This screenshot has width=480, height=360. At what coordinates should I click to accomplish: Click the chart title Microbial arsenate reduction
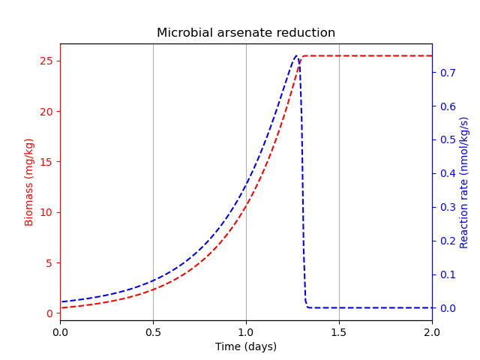coord(246,33)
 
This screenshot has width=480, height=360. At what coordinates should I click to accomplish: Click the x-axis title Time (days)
coord(246,346)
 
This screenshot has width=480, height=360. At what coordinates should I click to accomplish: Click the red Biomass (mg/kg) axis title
coord(30,182)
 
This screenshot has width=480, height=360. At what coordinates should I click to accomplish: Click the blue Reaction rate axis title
coord(464,182)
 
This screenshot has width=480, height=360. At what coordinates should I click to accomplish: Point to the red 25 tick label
coord(46,61)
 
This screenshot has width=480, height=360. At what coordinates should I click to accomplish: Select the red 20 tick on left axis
coord(46,112)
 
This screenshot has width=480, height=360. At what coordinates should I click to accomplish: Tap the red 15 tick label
coord(46,162)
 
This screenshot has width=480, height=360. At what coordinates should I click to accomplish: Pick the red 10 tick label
coord(46,212)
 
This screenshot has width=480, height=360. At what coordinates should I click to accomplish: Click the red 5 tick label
coord(49,263)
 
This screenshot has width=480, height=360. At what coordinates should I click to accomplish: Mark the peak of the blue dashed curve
coord(296,55)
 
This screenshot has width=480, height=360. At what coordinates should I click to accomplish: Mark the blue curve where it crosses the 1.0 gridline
coord(246,182)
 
